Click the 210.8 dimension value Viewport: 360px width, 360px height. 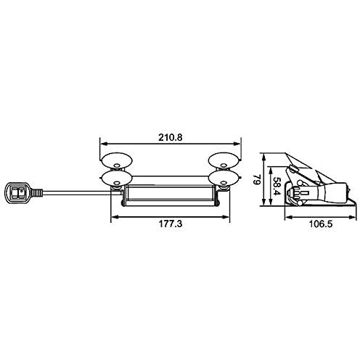(x=171, y=137)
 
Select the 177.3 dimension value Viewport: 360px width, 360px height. (x=171, y=224)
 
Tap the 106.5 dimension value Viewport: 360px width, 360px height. (x=321, y=224)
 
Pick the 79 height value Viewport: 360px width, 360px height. (x=256, y=180)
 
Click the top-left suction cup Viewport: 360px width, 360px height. (x=117, y=160)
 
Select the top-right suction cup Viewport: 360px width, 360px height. (x=224, y=160)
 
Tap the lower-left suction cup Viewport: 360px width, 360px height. (x=117, y=179)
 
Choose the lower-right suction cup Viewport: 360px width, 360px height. (x=224, y=179)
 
